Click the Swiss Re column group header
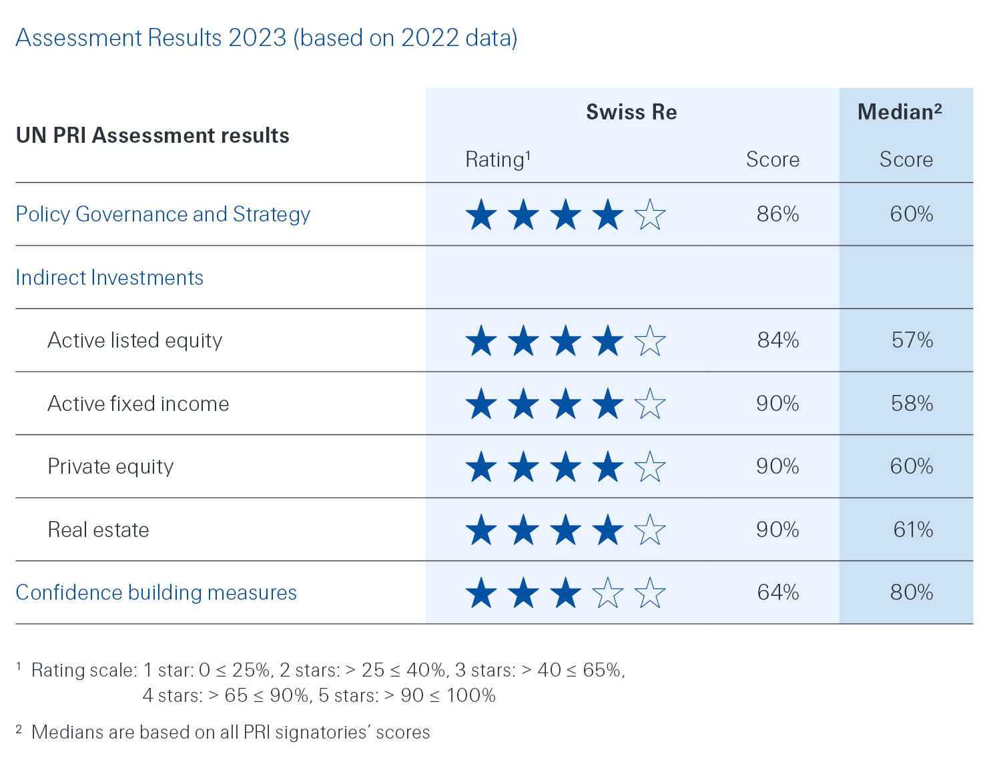click(631, 112)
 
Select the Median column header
click(899, 112)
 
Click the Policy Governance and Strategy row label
click(163, 214)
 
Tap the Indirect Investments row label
click(109, 278)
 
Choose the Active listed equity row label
click(135, 340)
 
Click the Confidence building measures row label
click(156, 593)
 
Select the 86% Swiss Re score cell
click(777, 214)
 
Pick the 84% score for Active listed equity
click(778, 340)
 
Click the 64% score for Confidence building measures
click(778, 593)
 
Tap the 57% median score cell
click(912, 340)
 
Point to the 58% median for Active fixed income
click(912, 404)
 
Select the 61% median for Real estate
click(913, 530)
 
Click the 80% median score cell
click(912, 593)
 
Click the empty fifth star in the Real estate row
click(650, 530)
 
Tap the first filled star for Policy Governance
click(481, 215)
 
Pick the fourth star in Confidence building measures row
click(608, 593)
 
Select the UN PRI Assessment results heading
click(153, 135)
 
